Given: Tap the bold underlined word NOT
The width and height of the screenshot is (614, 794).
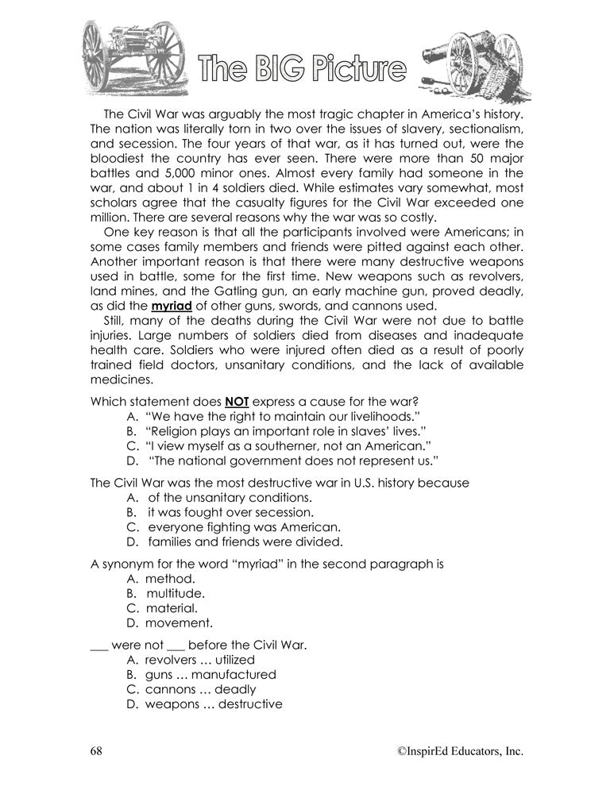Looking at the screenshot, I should tap(237, 402).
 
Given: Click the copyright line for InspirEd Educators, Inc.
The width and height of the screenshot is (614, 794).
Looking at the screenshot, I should tap(461, 751).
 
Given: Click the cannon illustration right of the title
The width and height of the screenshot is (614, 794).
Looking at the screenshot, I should tap(473, 65).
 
